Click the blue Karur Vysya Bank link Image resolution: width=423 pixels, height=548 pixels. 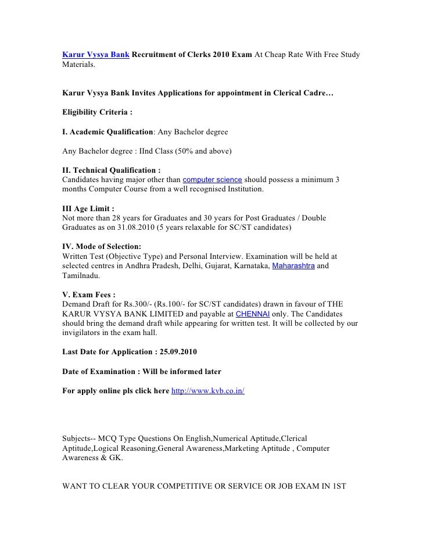[x=95, y=55]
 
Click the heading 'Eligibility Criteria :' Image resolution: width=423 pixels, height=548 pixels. [x=98, y=111]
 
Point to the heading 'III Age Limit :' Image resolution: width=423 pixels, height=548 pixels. [x=88, y=208]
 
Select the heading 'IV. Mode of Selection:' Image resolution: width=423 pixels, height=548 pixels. [x=101, y=246]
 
